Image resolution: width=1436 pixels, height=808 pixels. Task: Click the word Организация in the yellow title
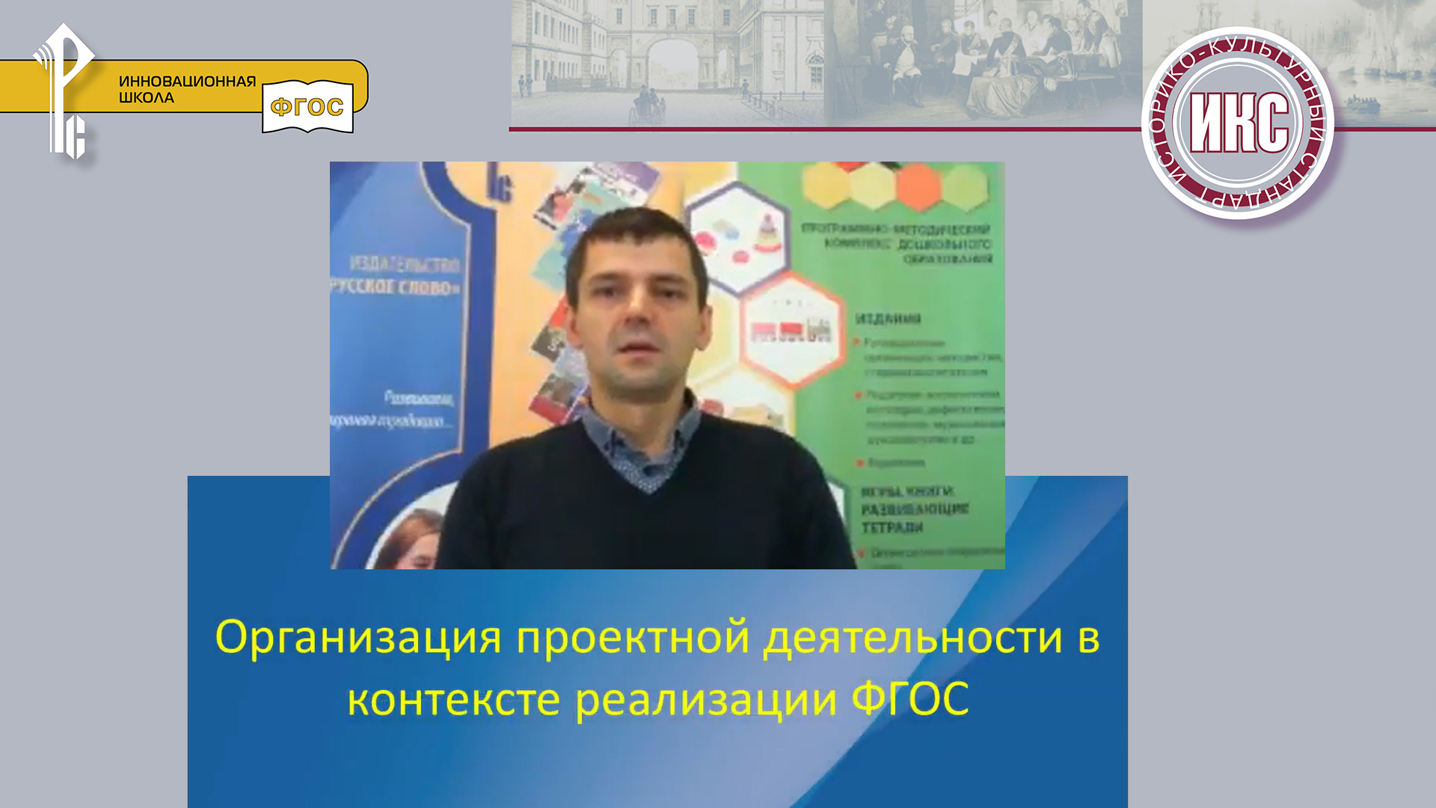358,638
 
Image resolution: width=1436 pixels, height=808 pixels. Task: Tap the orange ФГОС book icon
307,107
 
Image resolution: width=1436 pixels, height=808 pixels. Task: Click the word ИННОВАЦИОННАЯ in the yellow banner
187,82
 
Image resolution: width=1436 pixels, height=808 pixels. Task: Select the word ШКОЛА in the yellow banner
147,98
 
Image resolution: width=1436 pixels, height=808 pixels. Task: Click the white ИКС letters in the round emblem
1239,123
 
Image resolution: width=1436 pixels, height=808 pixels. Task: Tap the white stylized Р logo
66,90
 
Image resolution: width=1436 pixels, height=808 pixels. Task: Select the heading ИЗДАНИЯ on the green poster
888,319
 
